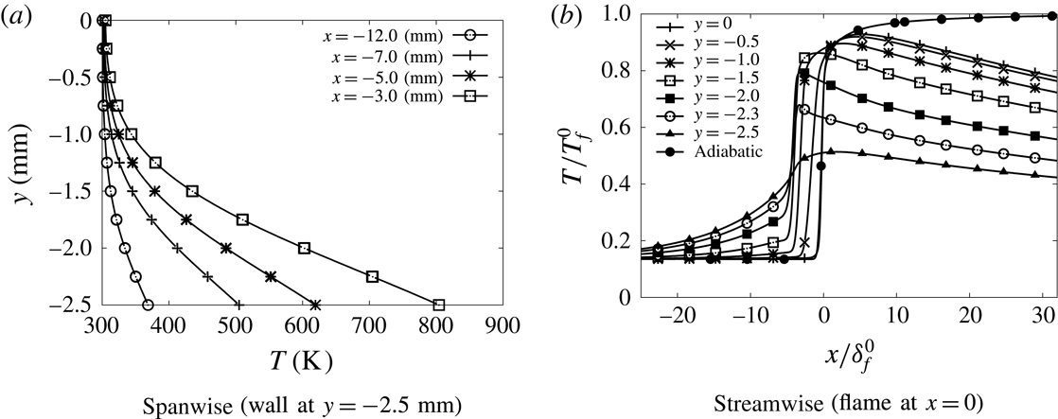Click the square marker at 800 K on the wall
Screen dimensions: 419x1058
438,306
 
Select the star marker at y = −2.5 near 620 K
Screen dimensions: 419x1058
315,306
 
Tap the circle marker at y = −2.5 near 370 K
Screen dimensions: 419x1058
147,306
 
